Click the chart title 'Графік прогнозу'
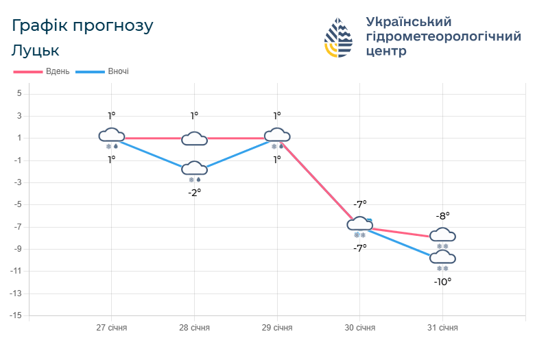pos(82,25)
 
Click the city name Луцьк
pos(35,51)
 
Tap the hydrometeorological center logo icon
pos(338,37)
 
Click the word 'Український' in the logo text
pos(409,21)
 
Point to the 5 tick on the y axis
pos(19,93)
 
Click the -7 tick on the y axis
pos(18,227)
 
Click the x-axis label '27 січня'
pos(111,328)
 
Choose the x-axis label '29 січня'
pos(277,328)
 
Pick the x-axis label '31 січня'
pos(442,328)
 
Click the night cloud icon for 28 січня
pos(194,169)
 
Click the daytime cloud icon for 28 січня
pos(194,139)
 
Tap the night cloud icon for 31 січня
pos(442,258)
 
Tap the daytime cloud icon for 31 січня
pos(442,235)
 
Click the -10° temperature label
pos(442,281)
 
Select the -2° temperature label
pos(194,193)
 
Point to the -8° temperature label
pos(442,215)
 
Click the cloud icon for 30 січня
pos(359,224)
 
